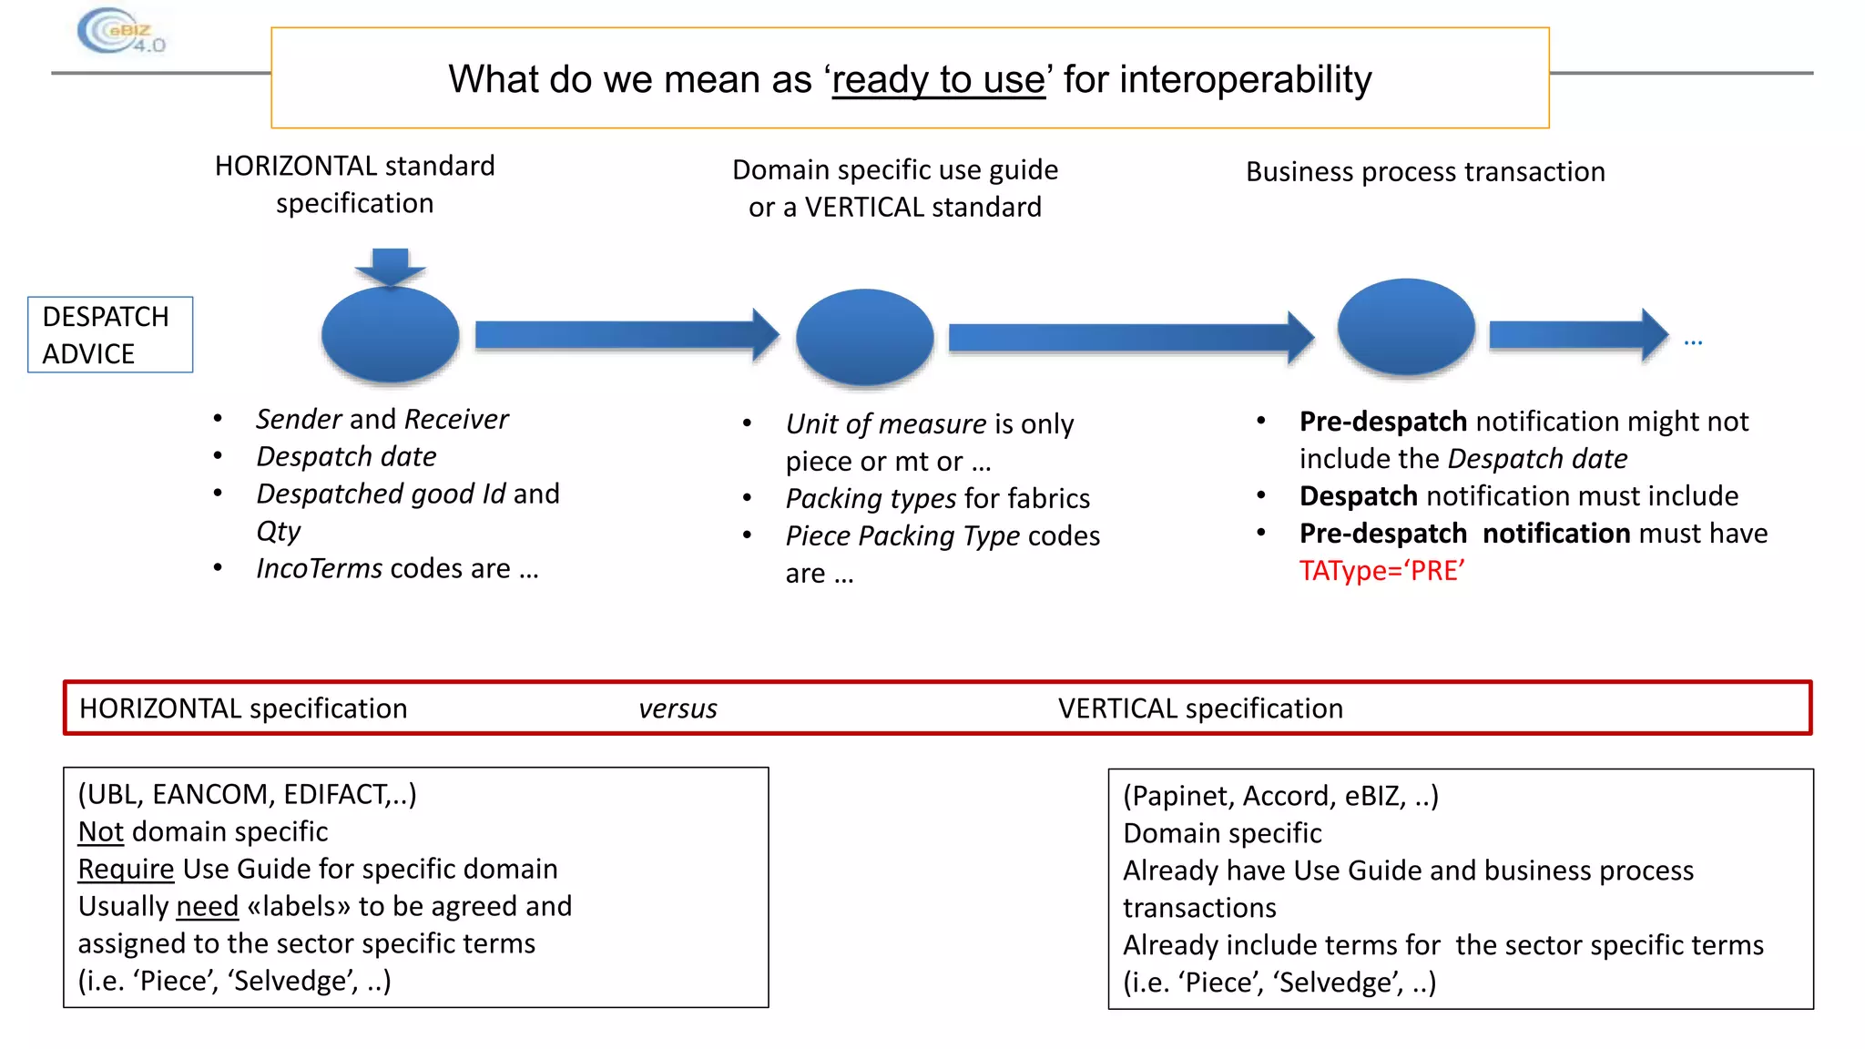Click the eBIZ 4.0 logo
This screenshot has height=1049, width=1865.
(120, 32)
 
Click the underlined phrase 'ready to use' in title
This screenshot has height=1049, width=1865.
(938, 80)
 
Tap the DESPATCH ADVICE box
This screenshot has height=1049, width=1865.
(110, 334)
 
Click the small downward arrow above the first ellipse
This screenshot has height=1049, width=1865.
(391, 266)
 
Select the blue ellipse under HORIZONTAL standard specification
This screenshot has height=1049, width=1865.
(391, 334)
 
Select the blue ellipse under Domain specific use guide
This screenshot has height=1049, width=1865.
(864, 337)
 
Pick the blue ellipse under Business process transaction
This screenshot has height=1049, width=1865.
(1405, 326)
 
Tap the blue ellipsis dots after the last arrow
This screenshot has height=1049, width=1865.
(1693, 343)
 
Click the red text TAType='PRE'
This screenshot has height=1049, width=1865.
(1381, 571)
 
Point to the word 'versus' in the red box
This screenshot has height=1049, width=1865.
(678, 708)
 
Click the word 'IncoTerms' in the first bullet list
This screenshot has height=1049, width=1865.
(319, 568)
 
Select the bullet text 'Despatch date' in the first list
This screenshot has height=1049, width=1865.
(346, 456)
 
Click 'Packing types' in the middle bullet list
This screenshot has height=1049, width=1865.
(871, 499)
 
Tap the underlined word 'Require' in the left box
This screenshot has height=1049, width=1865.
(126, 869)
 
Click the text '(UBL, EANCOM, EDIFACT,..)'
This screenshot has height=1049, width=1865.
(247, 794)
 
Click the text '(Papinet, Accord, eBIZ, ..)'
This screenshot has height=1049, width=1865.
(1280, 796)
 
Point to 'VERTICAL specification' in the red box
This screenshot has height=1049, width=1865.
(1200, 708)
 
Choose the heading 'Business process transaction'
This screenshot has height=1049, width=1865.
(1425, 171)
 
